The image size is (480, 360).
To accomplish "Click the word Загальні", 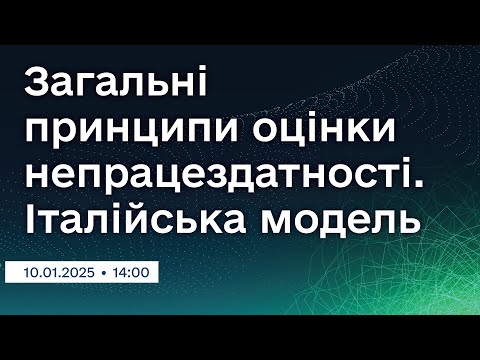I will [x=112, y=86].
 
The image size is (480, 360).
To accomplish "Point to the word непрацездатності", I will [x=215, y=177].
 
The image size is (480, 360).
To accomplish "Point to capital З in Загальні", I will [x=36, y=84].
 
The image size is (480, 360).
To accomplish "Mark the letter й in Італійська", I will [x=150, y=221].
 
